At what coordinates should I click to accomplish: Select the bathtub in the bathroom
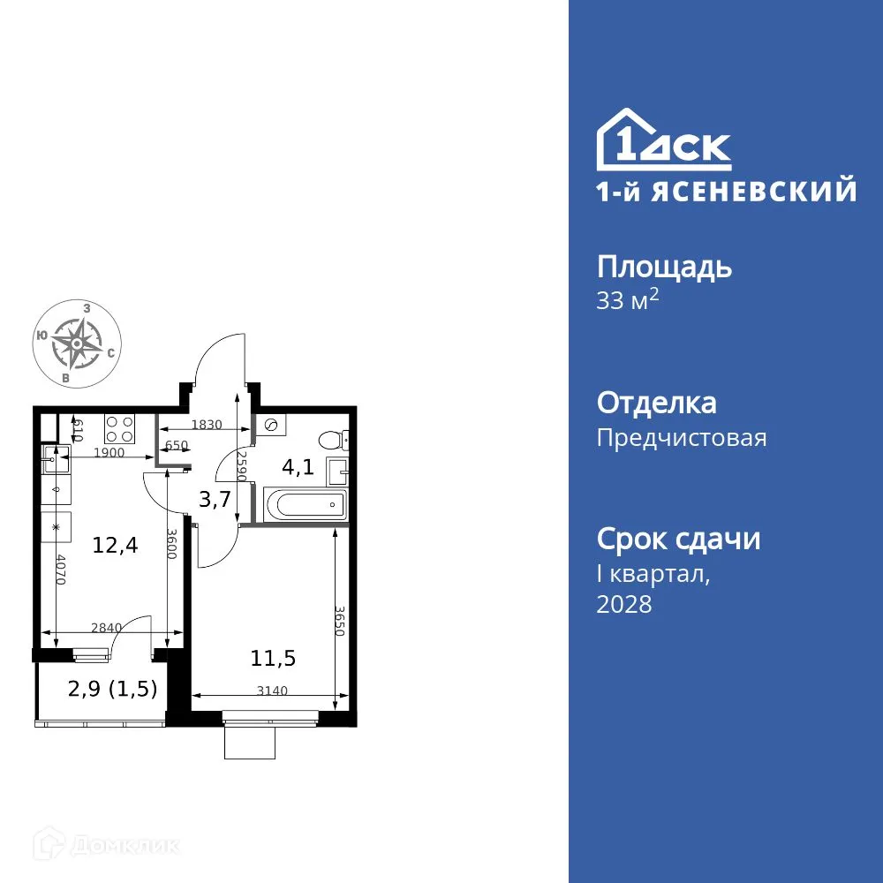click(302, 506)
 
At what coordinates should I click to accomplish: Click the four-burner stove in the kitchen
click(119, 429)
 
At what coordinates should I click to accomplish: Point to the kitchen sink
click(52, 458)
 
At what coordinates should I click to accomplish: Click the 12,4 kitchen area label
click(115, 546)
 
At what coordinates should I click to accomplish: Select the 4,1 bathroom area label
click(298, 468)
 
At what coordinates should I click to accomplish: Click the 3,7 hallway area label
click(215, 499)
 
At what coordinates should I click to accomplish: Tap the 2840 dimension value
click(107, 628)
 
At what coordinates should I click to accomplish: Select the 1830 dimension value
click(207, 424)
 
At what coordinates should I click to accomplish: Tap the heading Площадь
click(664, 267)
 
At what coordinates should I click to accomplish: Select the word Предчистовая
click(682, 438)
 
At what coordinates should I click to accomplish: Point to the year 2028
click(624, 605)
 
